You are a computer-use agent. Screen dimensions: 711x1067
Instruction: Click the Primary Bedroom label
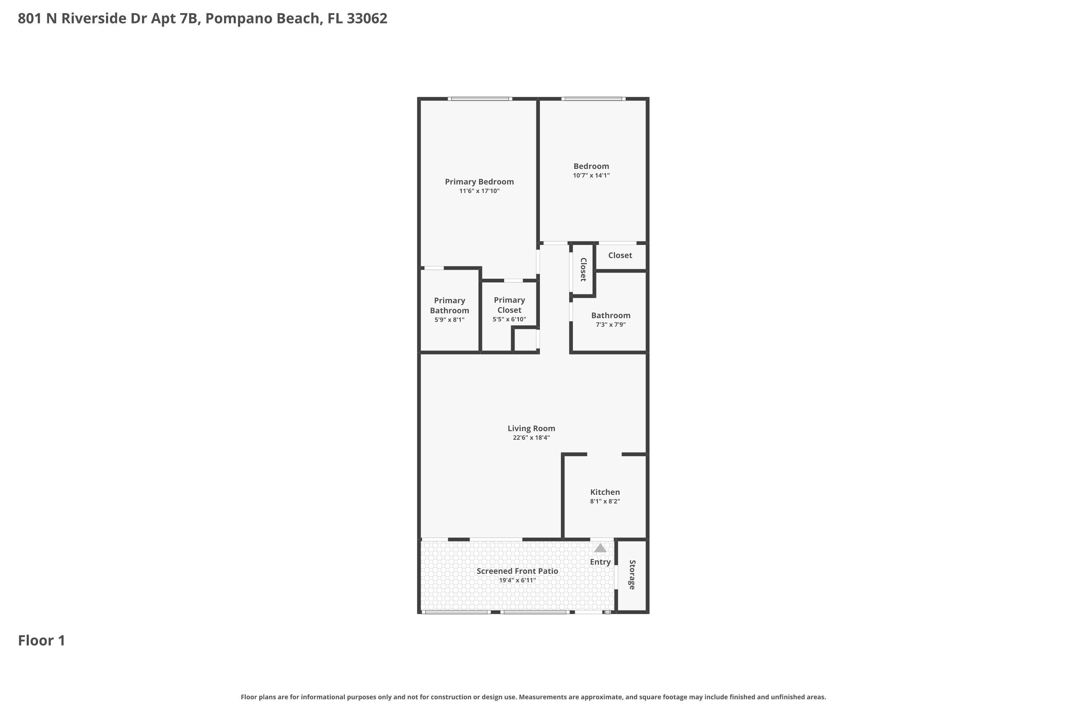pyautogui.click(x=479, y=182)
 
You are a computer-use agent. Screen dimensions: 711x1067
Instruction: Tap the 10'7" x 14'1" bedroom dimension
pyautogui.click(x=591, y=176)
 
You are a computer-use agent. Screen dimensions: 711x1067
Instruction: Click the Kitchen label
pyautogui.click(x=605, y=492)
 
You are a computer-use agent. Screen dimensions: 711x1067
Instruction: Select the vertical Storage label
pyautogui.click(x=632, y=574)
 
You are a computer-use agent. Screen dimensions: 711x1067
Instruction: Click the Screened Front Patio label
pyautogui.click(x=517, y=571)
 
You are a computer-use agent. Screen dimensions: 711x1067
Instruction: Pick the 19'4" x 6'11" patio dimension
pyautogui.click(x=517, y=581)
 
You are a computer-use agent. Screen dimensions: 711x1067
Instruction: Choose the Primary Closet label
pyautogui.click(x=509, y=305)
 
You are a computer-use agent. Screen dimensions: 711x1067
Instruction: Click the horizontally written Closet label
pyautogui.click(x=620, y=255)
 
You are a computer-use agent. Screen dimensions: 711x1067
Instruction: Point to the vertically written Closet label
pyautogui.click(x=583, y=269)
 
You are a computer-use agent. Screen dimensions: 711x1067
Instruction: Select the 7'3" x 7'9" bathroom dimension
pyautogui.click(x=611, y=325)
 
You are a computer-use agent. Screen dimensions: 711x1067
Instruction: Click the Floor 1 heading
pyautogui.click(x=42, y=640)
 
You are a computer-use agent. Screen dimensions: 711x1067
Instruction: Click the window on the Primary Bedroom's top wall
pyautogui.click(x=480, y=99)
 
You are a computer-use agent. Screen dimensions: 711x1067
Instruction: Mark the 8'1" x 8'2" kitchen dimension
pyautogui.click(x=605, y=502)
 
